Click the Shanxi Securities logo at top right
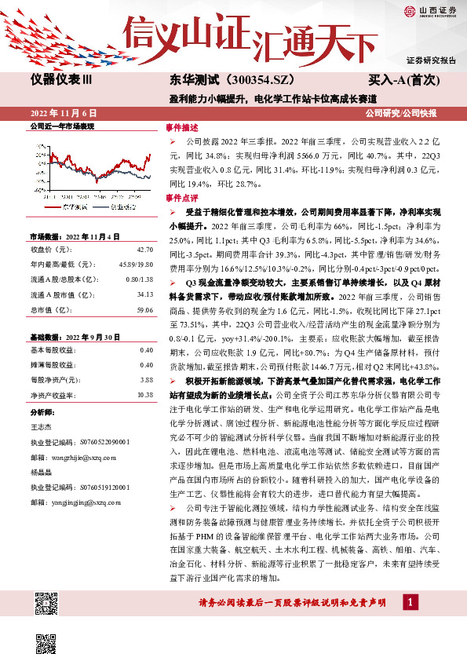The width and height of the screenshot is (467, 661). pyautogui.click(x=431, y=11)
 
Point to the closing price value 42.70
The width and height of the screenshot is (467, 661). pyautogui.click(x=144, y=249)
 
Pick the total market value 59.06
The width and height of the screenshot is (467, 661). pyautogui.click(x=144, y=309)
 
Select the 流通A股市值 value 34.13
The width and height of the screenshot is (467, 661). pyautogui.click(x=144, y=294)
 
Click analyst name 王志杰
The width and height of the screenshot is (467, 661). pyautogui.click(x=42, y=425)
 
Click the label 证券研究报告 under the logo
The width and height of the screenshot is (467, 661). pyautogui.click(x=431, y=60)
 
